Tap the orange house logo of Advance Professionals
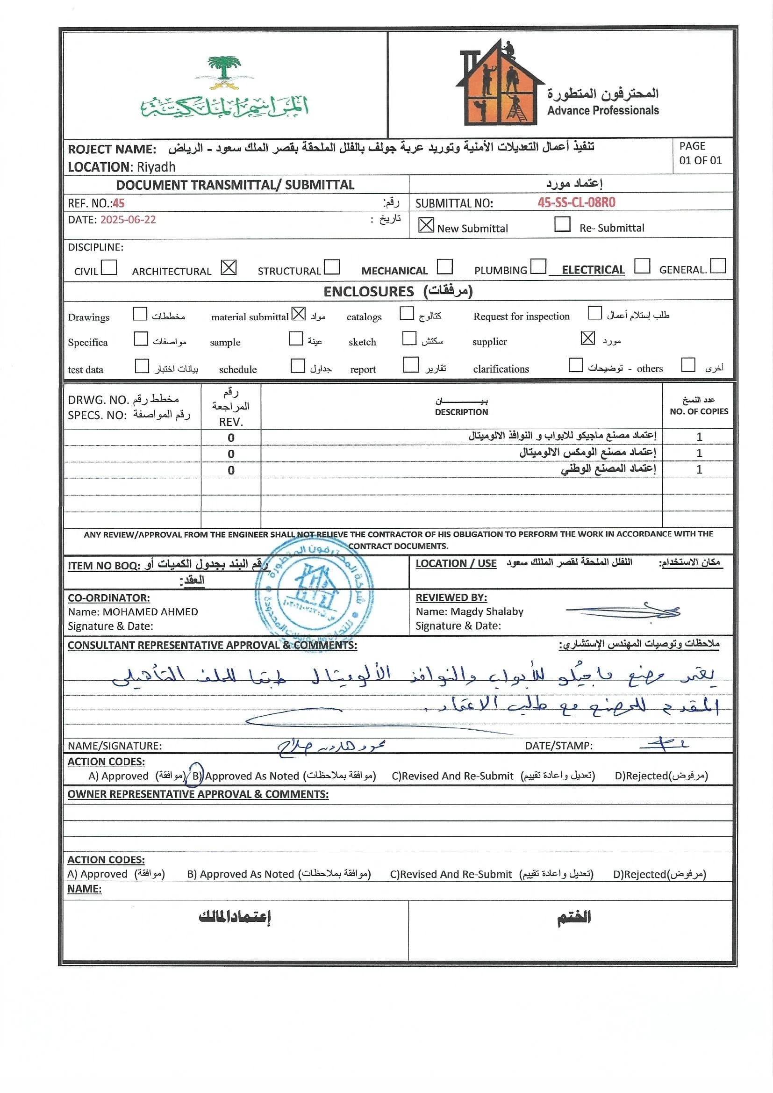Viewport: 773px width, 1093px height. [500, 86]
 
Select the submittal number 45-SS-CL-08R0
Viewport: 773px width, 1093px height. [576, 203]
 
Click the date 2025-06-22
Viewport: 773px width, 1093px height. [128, 220]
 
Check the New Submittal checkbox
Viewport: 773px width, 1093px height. [426, 225]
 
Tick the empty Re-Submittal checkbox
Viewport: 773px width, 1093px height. [562, 224]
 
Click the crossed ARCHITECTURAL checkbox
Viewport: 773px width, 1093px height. [229, 267]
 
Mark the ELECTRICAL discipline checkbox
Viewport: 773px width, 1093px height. [642, 266]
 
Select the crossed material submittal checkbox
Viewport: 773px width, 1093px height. [299, 314]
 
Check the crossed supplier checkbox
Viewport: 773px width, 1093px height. [588, 338]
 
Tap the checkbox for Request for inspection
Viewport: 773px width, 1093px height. [594, 313]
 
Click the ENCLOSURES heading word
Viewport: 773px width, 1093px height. [368, 292]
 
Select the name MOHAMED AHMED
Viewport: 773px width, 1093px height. [150, 612]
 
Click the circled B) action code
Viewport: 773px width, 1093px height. [196, 776]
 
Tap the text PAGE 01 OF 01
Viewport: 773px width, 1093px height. [700, 153]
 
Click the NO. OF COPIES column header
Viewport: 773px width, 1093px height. [699, 411]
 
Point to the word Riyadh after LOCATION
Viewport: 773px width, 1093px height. [156, 167]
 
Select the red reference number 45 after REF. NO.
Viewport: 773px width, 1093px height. [119, 204]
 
